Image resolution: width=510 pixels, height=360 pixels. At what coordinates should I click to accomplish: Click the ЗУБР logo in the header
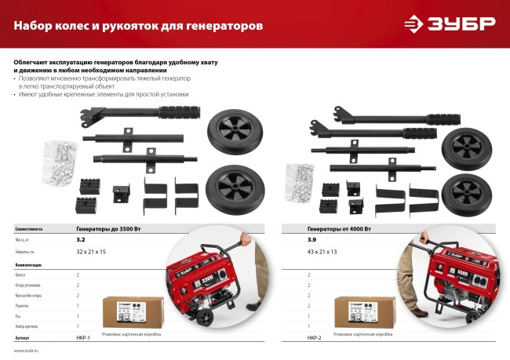(x=449, y=24)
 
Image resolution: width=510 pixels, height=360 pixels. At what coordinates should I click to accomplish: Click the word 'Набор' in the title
(x=35, y=26)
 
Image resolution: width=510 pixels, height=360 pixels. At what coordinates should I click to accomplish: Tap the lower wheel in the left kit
(x=235, y=187)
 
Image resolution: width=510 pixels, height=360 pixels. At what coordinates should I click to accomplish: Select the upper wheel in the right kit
(x=466, y=147)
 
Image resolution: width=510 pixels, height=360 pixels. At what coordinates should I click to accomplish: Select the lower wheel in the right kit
(x=465, y=192)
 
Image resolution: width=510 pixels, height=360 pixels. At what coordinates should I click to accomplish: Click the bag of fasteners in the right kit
(x=299, y=180)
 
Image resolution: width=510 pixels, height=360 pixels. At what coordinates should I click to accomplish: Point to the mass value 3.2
(x=80, y=238)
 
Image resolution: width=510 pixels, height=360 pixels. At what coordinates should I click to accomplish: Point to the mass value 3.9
(x=311, y=238)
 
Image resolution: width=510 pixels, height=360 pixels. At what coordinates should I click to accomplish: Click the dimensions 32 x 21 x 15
(x=91, y=251)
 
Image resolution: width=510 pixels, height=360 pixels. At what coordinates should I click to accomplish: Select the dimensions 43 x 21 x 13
(x=322, y=251)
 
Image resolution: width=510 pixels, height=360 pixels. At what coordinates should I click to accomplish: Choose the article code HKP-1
(x=83, y=337)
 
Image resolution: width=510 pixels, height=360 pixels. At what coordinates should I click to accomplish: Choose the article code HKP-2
(x=314, y=337)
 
